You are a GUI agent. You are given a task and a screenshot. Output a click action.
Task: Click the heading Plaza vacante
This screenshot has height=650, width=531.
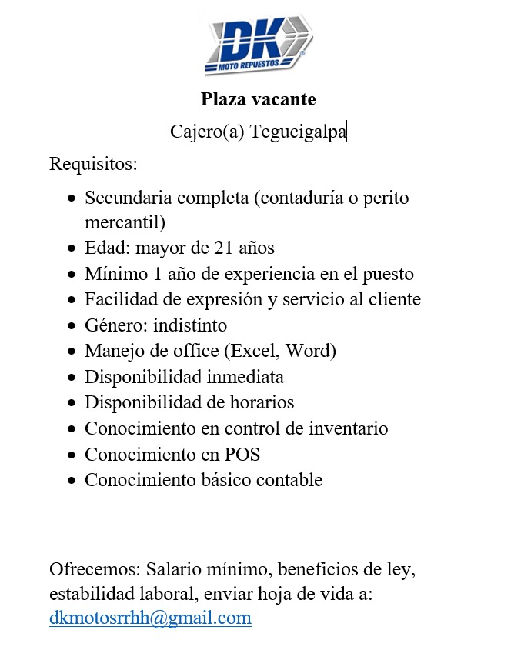259,99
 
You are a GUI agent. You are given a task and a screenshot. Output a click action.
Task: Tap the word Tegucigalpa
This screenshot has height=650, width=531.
298,132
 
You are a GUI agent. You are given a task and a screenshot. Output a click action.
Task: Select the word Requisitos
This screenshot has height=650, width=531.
93,164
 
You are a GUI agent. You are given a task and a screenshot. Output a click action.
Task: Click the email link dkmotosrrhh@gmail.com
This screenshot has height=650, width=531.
150,618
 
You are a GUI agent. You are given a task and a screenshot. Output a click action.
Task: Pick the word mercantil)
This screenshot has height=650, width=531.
125,223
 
